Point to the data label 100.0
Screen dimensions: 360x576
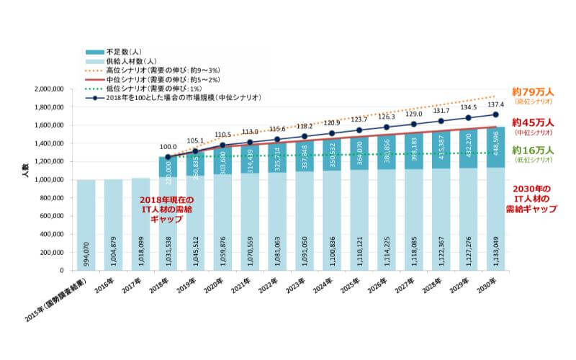168,146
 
